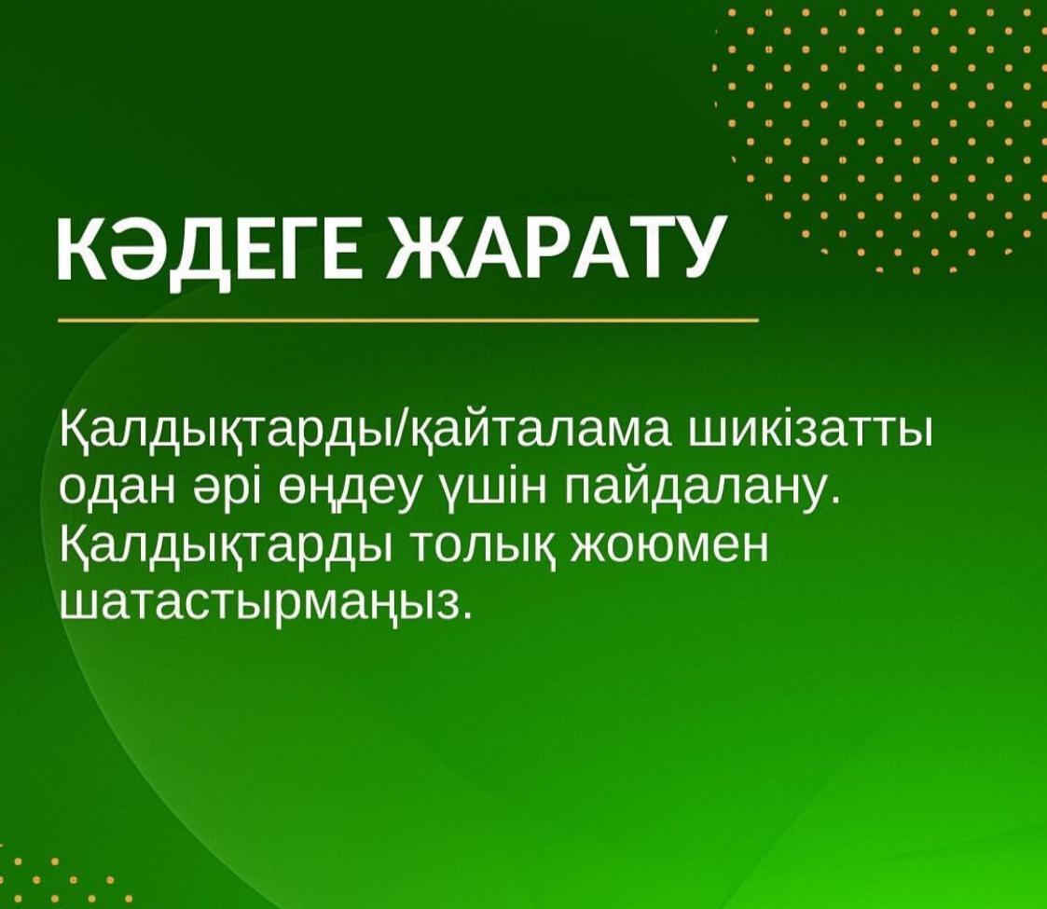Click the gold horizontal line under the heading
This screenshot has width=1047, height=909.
tap(408, 321)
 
